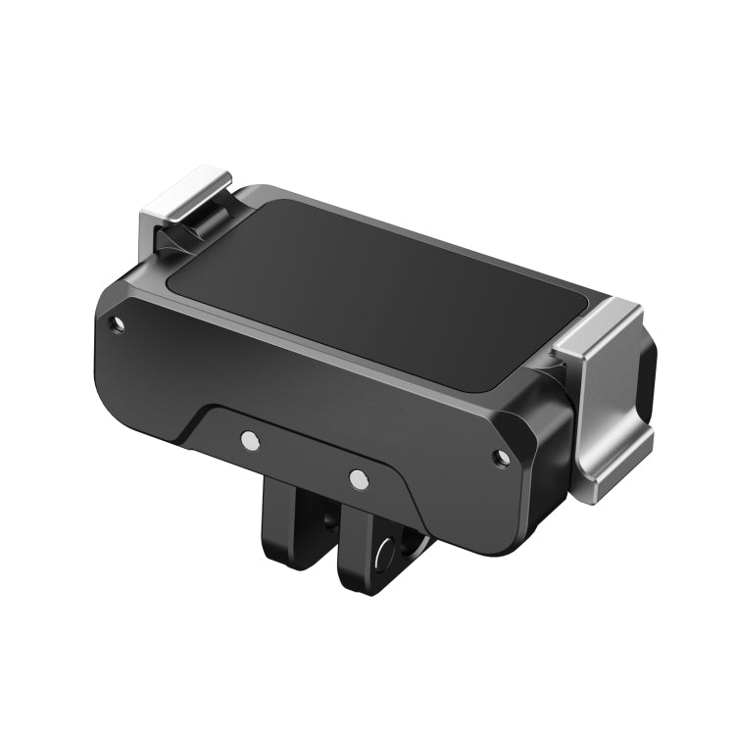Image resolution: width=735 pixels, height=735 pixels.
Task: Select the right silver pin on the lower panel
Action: tap(359, 480)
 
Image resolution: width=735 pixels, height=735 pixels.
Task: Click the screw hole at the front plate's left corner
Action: tap(118, 322)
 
